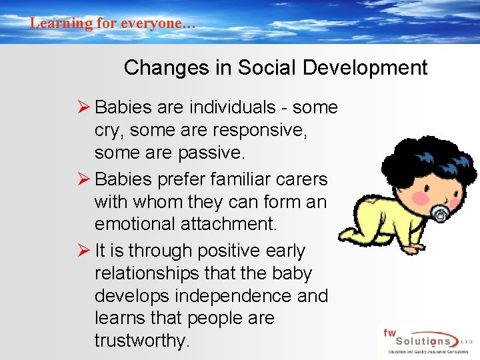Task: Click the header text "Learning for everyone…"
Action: [x=112, y=23]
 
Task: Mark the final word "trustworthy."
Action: [x=142, y=341]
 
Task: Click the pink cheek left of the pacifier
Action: [x=420, y=197]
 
